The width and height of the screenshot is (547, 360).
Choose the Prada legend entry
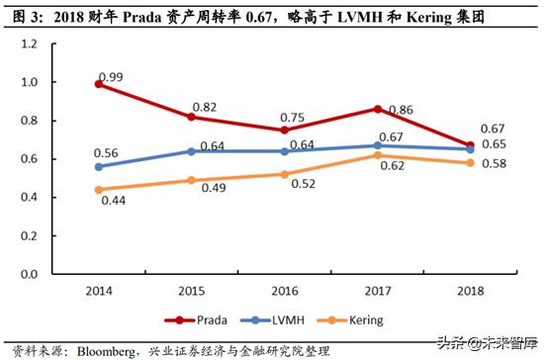[206, 320]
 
